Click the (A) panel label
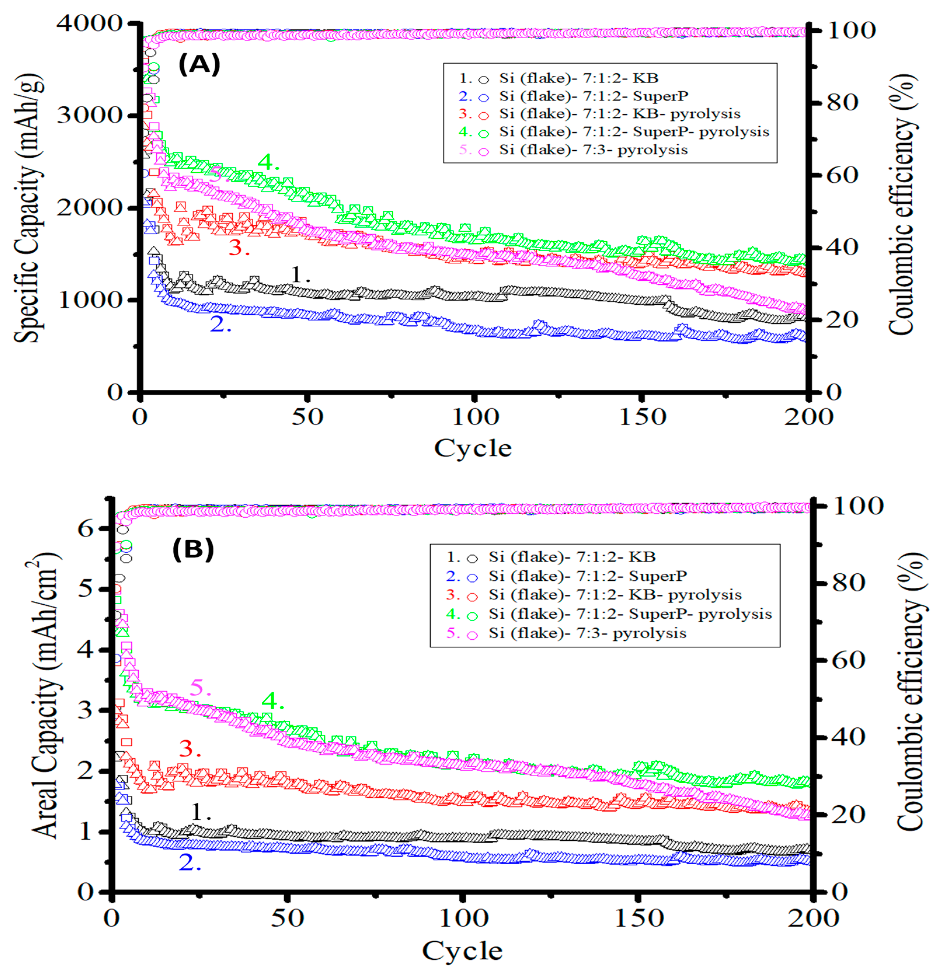point(199,65)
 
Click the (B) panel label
point(193,549)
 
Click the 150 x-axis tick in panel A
point(642,417)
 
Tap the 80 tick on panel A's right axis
point(842,103)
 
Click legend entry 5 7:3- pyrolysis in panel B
point(587,633)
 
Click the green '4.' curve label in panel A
point(268,162)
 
